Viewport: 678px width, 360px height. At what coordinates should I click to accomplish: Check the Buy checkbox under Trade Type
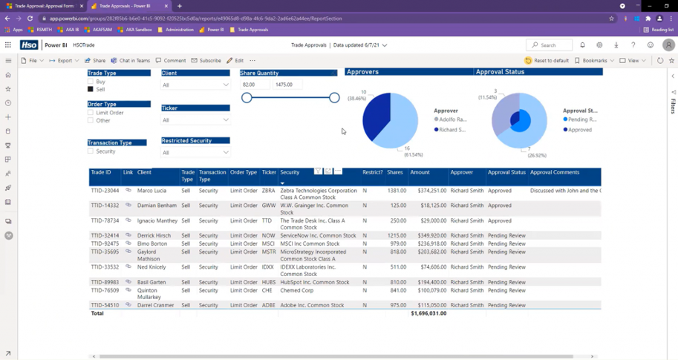coord(91,82)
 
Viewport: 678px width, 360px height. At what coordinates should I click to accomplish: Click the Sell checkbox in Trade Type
coord(91,89)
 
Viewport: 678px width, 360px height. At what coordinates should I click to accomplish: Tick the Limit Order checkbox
coord(91,113)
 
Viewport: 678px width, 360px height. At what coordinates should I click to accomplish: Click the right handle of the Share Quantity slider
coord(334,97)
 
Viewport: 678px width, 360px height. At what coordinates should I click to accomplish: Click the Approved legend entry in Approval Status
coord(579,130)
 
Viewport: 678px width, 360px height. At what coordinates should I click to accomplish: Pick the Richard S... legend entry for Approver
coord(452,130)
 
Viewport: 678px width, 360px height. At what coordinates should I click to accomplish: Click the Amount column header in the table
coord(420,172)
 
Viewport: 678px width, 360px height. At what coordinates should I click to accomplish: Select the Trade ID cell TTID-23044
coord(105,191)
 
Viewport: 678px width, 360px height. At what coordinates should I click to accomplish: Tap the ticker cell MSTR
coord(268,252)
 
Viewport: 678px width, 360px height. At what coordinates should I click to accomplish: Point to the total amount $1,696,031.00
coord(428,313)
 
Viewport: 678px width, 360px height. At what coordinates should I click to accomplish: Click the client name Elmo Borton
coord(151,243)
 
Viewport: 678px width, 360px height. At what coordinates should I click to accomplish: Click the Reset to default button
coord(547,61)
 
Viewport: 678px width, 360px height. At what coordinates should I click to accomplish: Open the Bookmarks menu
coord(594,61)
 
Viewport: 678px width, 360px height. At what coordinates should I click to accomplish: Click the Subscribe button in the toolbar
coord(206,61)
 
